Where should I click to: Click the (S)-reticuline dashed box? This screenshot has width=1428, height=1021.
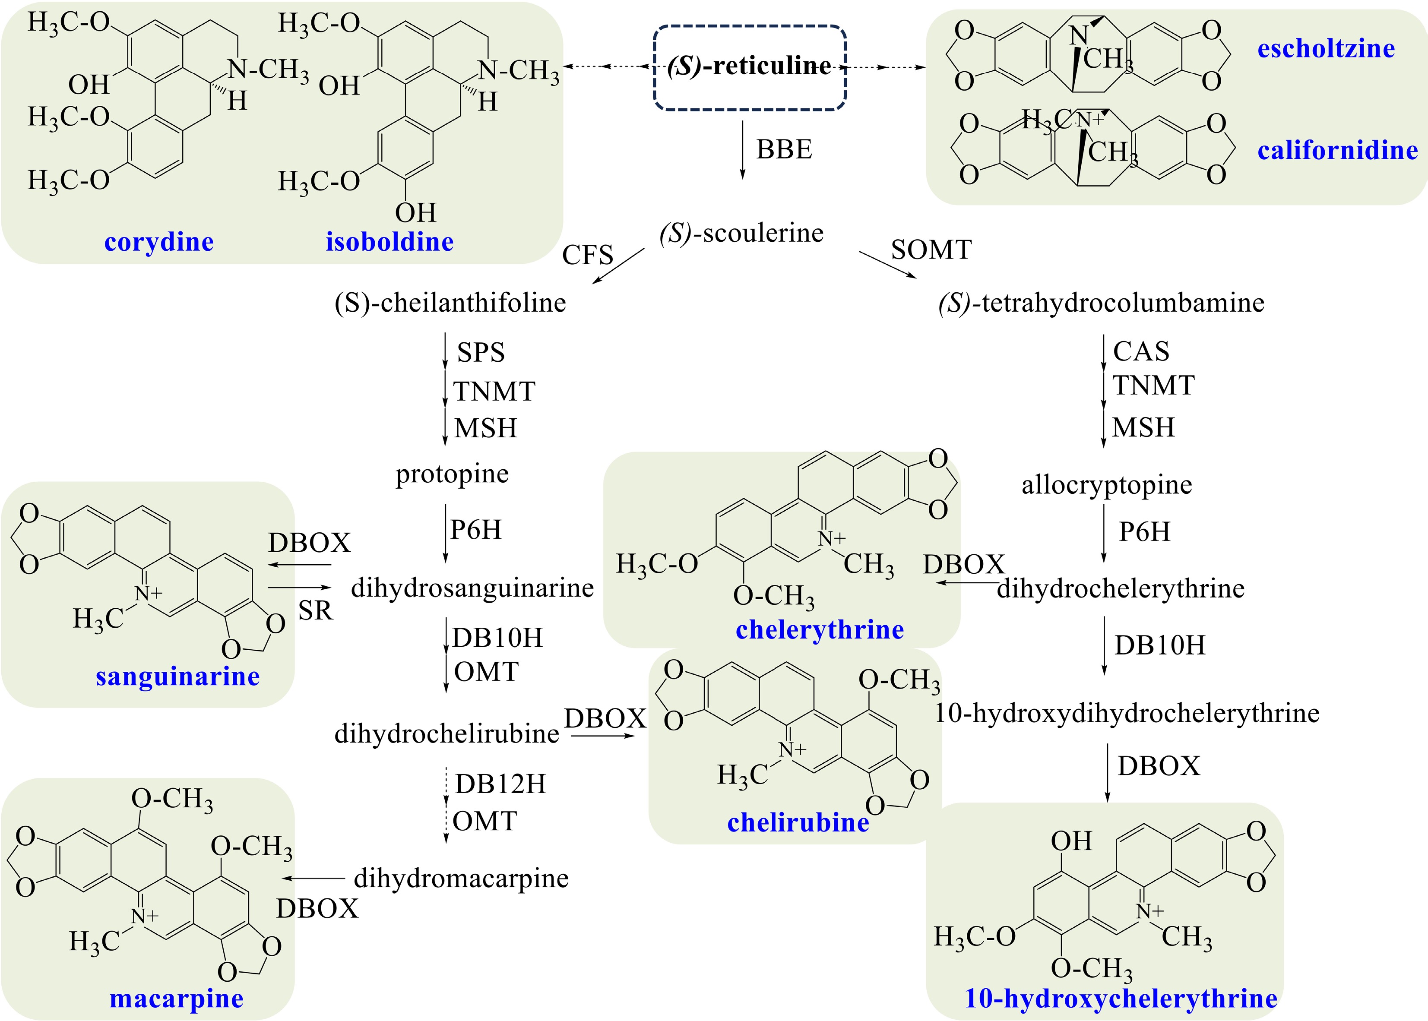coord(750,67)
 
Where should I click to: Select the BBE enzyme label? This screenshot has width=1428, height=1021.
coord(784,150)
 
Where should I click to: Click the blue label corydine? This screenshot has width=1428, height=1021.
coord(159,242)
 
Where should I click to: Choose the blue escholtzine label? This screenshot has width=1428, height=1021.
coord(1326,48)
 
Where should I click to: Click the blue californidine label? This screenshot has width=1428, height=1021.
coord(1337,150)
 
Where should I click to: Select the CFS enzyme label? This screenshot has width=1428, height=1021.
coord(587,255)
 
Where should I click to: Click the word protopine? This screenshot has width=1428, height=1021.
coord(452,474)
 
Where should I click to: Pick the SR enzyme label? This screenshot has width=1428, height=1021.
coord(315,610)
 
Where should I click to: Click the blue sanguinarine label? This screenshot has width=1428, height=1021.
coord(178,676)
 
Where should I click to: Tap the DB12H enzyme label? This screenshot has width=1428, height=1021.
coord(500,784)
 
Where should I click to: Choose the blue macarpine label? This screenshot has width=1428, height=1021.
coord(177,999)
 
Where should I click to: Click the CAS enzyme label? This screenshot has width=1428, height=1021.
coord(1141,351)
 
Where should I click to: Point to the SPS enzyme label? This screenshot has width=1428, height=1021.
coord(481,353)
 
